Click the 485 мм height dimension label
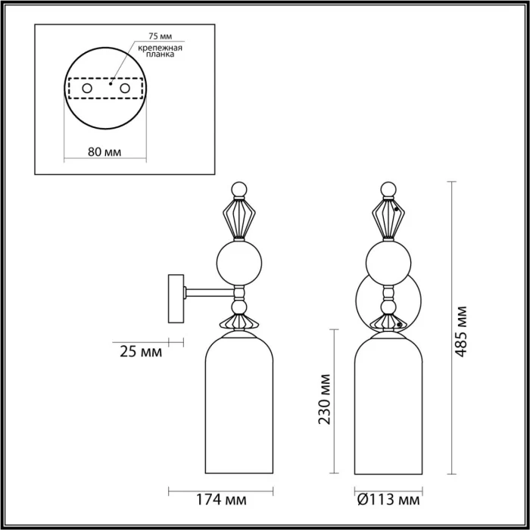pyautogui.click(x=463, y=332)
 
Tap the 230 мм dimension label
pyautogui.click(x=326, y=399)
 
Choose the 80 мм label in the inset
pyautogui.click(x=104, y=151)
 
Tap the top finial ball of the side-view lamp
pyautogui.click(x=239, y=189)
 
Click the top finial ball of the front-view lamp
pyautogui.click(x=388, y=189)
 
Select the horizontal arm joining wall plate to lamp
pyautogui.click(x=208, y=291)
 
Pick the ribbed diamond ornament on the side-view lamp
pyautogui.click(x=239, y=219)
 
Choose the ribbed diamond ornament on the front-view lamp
pyautogui.click(x=388, y=219)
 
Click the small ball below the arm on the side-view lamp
pyautogui.click(x=239, y=306)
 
